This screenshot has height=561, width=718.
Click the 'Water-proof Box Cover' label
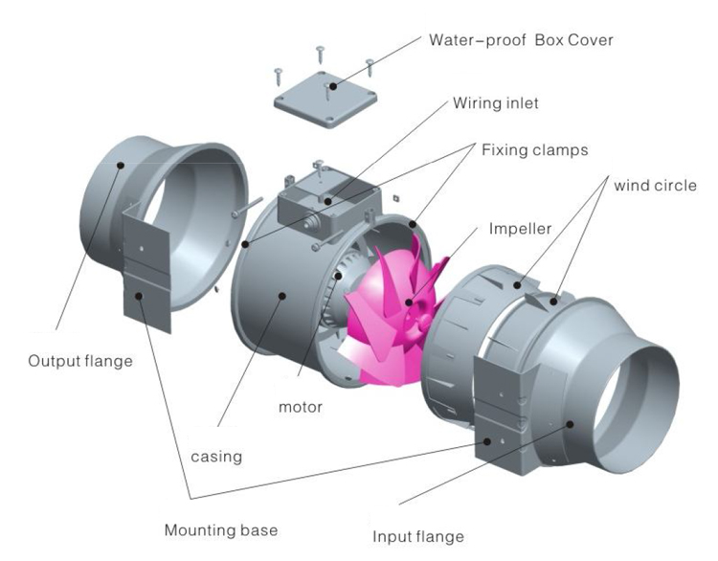pos(521,41)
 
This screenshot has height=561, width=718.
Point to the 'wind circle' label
pos(655,185)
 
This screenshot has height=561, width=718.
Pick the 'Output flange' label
pos(79,361)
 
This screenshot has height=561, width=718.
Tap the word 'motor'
pos(300,407)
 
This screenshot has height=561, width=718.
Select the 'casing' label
pos(217,457)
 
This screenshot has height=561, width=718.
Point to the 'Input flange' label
pos(417,535)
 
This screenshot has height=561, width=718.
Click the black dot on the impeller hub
pos(409,303)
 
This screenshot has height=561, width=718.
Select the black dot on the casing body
pos(284,296)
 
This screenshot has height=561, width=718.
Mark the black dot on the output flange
pos(121,165)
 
